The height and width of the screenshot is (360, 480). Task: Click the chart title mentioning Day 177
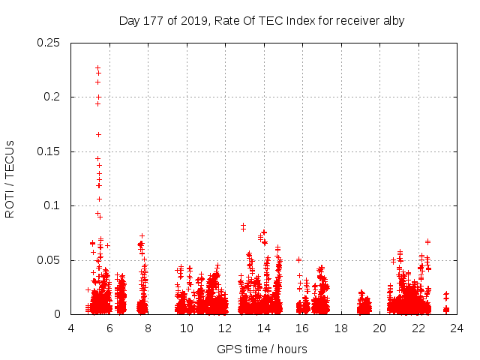(262, 20)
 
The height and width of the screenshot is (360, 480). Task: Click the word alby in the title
(392, 20)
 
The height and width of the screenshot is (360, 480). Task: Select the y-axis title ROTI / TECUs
(10, 178)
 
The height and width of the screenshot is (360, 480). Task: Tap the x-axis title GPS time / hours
(262, 349)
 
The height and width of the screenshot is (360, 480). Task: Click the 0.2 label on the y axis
(52, 97)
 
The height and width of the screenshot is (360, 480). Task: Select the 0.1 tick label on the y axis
(52, 205)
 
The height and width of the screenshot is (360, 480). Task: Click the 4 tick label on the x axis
(71, 328)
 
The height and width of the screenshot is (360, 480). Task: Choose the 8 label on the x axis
(148, 328)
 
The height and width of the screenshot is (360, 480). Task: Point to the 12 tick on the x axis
(225, 328)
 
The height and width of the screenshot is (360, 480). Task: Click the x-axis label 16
(302, 328)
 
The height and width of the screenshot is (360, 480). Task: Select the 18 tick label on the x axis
(341, 328)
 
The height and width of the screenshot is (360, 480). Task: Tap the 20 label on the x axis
(379, 328)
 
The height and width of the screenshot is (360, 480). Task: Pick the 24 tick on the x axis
(457, 328)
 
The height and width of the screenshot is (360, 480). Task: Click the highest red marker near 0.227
(97, 67)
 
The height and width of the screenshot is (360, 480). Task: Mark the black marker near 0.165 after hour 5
(98, 134)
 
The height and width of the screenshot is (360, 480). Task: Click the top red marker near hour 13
(243, 225)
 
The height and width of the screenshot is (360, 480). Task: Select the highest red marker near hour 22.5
(427, 241)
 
